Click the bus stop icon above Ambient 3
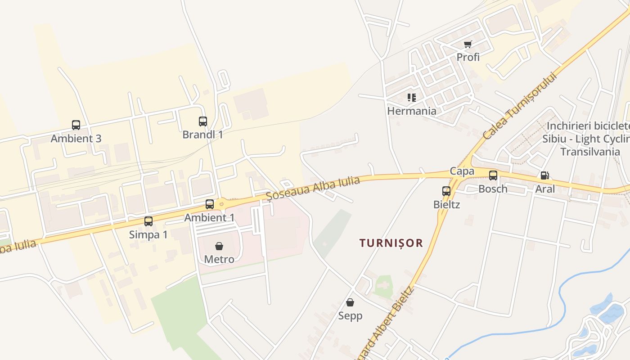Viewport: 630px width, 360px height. (76, 125)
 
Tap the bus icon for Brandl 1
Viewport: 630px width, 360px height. (203, 121)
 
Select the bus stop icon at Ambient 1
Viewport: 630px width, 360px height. (210, 204)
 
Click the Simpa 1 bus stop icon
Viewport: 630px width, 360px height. (148, 221)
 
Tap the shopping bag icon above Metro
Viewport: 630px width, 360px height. (219, 246)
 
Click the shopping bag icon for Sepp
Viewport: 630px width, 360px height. (350, 302)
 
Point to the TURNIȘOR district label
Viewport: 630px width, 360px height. (391, 243)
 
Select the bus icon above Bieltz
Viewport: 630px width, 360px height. (446, 191)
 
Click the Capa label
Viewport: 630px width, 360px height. (462, 171)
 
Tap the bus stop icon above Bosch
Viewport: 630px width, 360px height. (493, 175)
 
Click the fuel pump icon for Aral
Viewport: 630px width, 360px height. (544, 175)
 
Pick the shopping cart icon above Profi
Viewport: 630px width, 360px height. (468, 44)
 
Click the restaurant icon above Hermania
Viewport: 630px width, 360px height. (412, 97)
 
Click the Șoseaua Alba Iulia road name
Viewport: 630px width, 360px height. (313, 188)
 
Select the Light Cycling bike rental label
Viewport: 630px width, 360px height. (585, 139)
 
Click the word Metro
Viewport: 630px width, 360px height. (219, 260)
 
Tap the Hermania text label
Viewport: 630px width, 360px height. (412, 111)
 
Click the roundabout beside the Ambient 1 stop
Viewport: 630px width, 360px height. (221, 203)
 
